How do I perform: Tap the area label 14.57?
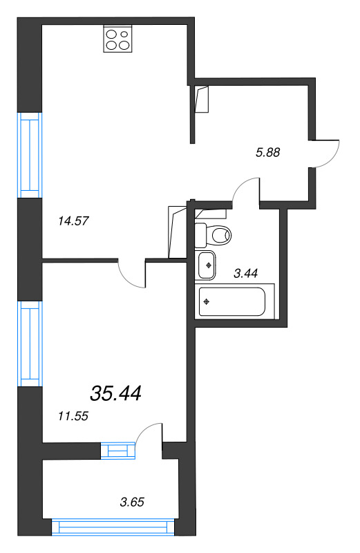point(73,221)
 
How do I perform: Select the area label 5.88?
point(267,153)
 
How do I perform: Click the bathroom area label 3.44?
point(245,274)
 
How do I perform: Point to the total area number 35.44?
point(115,394)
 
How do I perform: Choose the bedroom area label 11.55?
point(73,415)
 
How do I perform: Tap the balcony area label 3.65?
point(131,501)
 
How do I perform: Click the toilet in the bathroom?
point(215,236)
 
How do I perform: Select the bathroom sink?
point(207,264)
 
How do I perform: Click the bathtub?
point(231,301)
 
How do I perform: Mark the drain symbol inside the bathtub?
point(207,301)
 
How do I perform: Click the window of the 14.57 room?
point(30,154)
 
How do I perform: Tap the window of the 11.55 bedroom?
point(30,344)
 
